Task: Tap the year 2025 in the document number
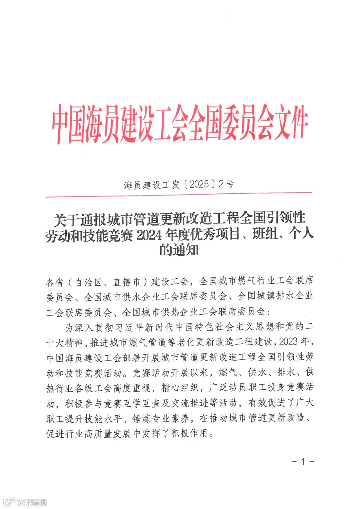pos(199,184)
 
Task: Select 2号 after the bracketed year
pos(226,184)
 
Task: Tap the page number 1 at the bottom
pos(303,462)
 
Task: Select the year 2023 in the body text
pos(288,342)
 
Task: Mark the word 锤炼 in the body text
pos(142,418)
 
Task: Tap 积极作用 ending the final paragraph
pos(189,433)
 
